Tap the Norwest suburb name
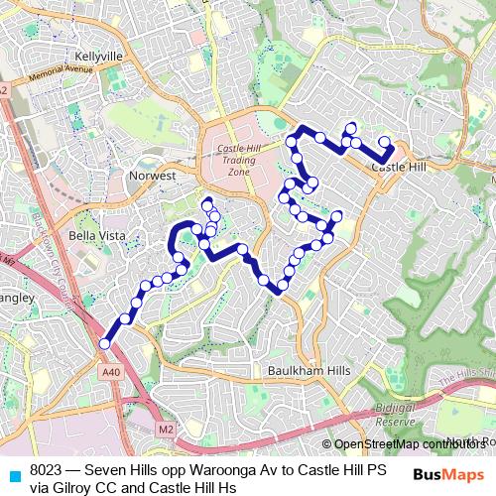(152, 176)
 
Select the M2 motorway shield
(166, 429)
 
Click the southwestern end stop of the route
(105, 344)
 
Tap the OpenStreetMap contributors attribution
(406, 443)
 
